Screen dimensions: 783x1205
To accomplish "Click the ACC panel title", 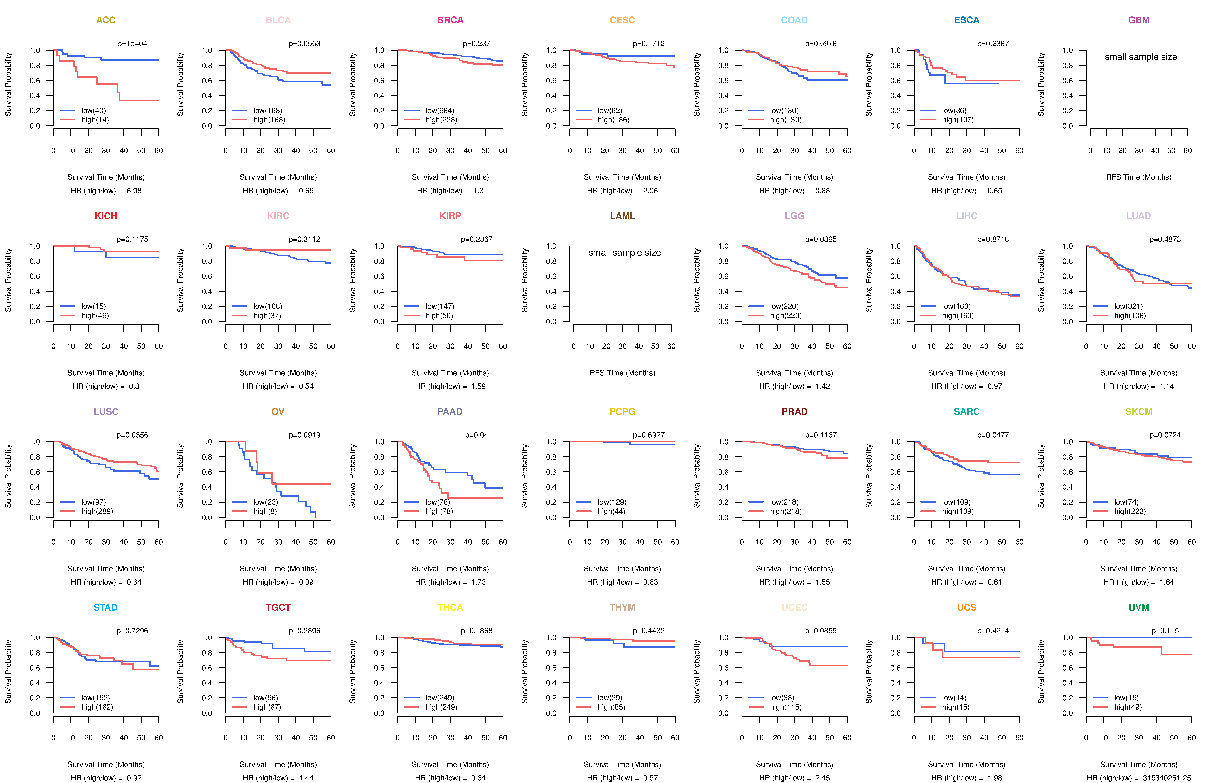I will point(106,20).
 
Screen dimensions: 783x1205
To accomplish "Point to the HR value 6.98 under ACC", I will point(134,191).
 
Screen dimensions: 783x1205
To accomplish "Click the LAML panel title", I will point(622,216).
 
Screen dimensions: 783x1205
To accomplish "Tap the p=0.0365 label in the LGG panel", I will point(821,239).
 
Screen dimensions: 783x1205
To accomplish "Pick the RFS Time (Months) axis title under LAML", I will point(622,373).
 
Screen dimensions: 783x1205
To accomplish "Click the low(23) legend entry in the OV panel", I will point(266,502).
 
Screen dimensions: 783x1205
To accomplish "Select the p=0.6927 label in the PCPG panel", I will point(648,435).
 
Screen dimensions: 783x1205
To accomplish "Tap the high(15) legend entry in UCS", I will point(955,707).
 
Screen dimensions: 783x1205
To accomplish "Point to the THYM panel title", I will point(622,607).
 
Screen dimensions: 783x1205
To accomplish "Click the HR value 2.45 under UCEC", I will point(823,778).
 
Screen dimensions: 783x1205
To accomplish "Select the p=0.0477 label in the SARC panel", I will point(993,435).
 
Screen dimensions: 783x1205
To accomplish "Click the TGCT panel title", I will point(278,607).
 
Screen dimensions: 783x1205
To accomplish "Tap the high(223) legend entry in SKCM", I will point(1129,511).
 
